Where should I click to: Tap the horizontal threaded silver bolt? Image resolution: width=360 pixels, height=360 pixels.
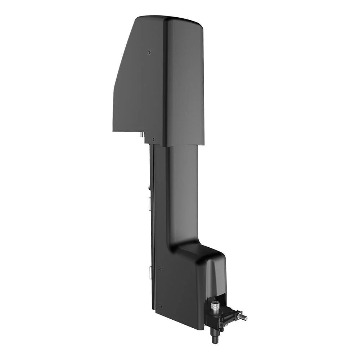click(243, 317)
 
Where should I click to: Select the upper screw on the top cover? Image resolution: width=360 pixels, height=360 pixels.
click(149, 53)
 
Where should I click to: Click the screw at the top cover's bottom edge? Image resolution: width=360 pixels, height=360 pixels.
click(153, 139)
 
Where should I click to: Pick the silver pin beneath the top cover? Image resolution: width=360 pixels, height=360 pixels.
click(141, 135)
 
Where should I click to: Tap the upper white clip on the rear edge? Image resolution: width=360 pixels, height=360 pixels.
click(149, 203)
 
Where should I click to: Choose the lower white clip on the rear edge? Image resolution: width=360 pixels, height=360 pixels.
click(149, 273)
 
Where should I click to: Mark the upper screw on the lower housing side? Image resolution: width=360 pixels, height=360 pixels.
click(160, 268)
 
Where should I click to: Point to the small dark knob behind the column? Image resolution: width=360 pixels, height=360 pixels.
click(149, 187)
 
